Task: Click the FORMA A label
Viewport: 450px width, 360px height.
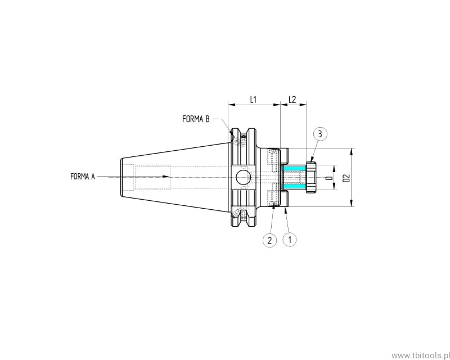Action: tap(82, 176)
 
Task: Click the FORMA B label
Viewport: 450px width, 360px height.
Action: tap(196, 119)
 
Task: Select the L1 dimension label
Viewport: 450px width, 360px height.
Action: tap(253, 100)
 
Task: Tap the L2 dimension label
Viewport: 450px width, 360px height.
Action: tap(292, 100)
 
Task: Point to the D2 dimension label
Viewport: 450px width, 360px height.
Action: tap(346, 178)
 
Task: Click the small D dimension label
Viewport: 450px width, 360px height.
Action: tap(329, 178)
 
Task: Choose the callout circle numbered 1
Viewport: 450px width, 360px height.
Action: tap(290, 240)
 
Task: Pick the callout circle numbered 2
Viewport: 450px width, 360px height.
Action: tap(269, 240)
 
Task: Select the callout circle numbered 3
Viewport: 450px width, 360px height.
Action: tap(319, 133)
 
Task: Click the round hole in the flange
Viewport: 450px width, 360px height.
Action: tap(243, 177)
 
